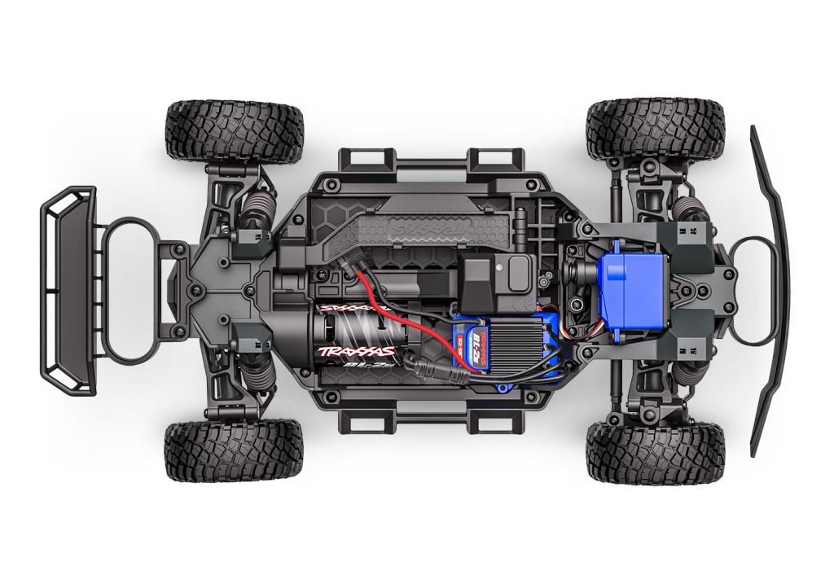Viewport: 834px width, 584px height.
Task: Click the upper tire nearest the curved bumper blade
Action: [655, 130]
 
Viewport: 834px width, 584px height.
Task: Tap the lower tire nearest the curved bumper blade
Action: [655, 452]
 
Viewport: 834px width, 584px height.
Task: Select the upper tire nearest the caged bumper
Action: [234, 130]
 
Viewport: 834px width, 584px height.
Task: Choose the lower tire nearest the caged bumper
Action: [234, 452]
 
